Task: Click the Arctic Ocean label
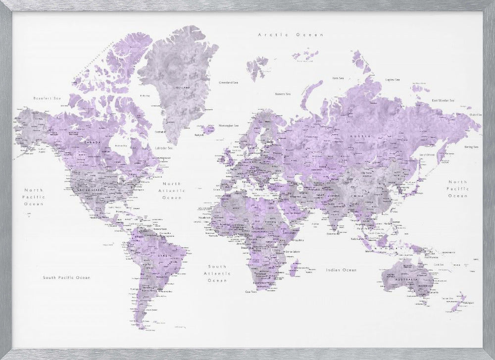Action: coord(291,35)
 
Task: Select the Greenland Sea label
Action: coord(229,82)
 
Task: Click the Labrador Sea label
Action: coord(163,148)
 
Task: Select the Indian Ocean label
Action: coord(341,270)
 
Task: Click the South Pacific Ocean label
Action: coord(66,278)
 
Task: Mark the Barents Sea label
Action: coord(283,93)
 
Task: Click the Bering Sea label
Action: coord(471,147)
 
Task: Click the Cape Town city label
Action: coord(251,292)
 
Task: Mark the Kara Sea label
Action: coord(338,78)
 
